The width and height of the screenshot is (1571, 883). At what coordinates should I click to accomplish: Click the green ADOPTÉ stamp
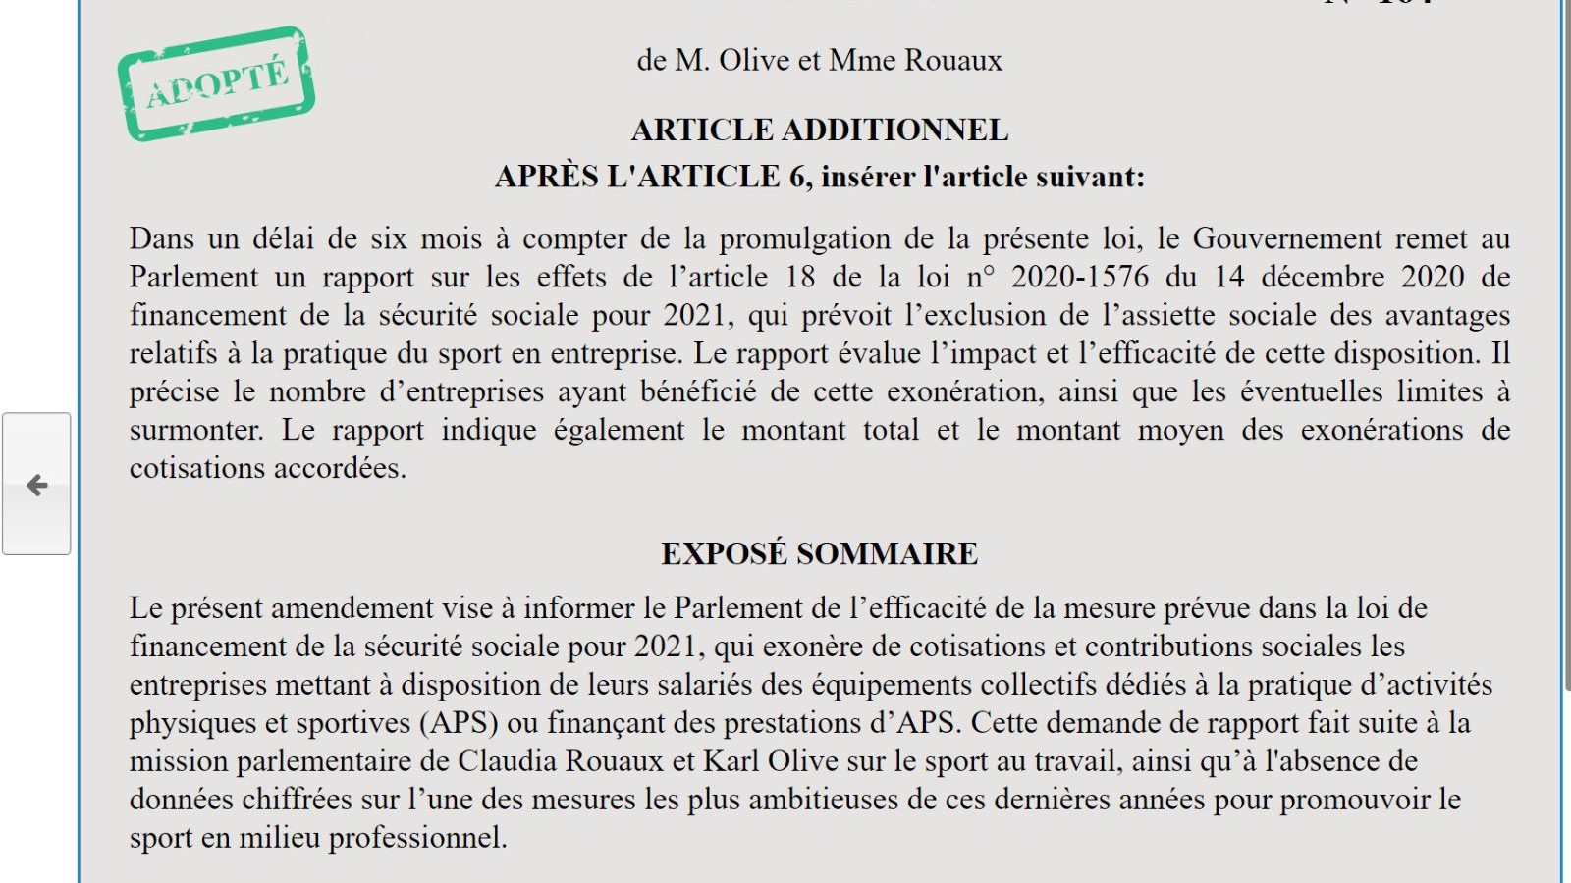216,83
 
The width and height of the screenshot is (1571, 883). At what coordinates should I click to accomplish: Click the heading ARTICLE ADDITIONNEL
820,130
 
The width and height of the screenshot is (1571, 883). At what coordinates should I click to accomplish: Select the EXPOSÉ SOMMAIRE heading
820,553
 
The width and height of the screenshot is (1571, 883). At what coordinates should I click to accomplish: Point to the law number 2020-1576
1080,277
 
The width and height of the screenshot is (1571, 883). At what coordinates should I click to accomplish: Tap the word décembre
1323,277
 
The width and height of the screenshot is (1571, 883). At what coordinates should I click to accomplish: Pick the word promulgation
803,238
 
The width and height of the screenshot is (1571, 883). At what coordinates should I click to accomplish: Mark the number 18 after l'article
800,277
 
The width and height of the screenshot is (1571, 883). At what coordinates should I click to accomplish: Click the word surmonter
195,430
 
